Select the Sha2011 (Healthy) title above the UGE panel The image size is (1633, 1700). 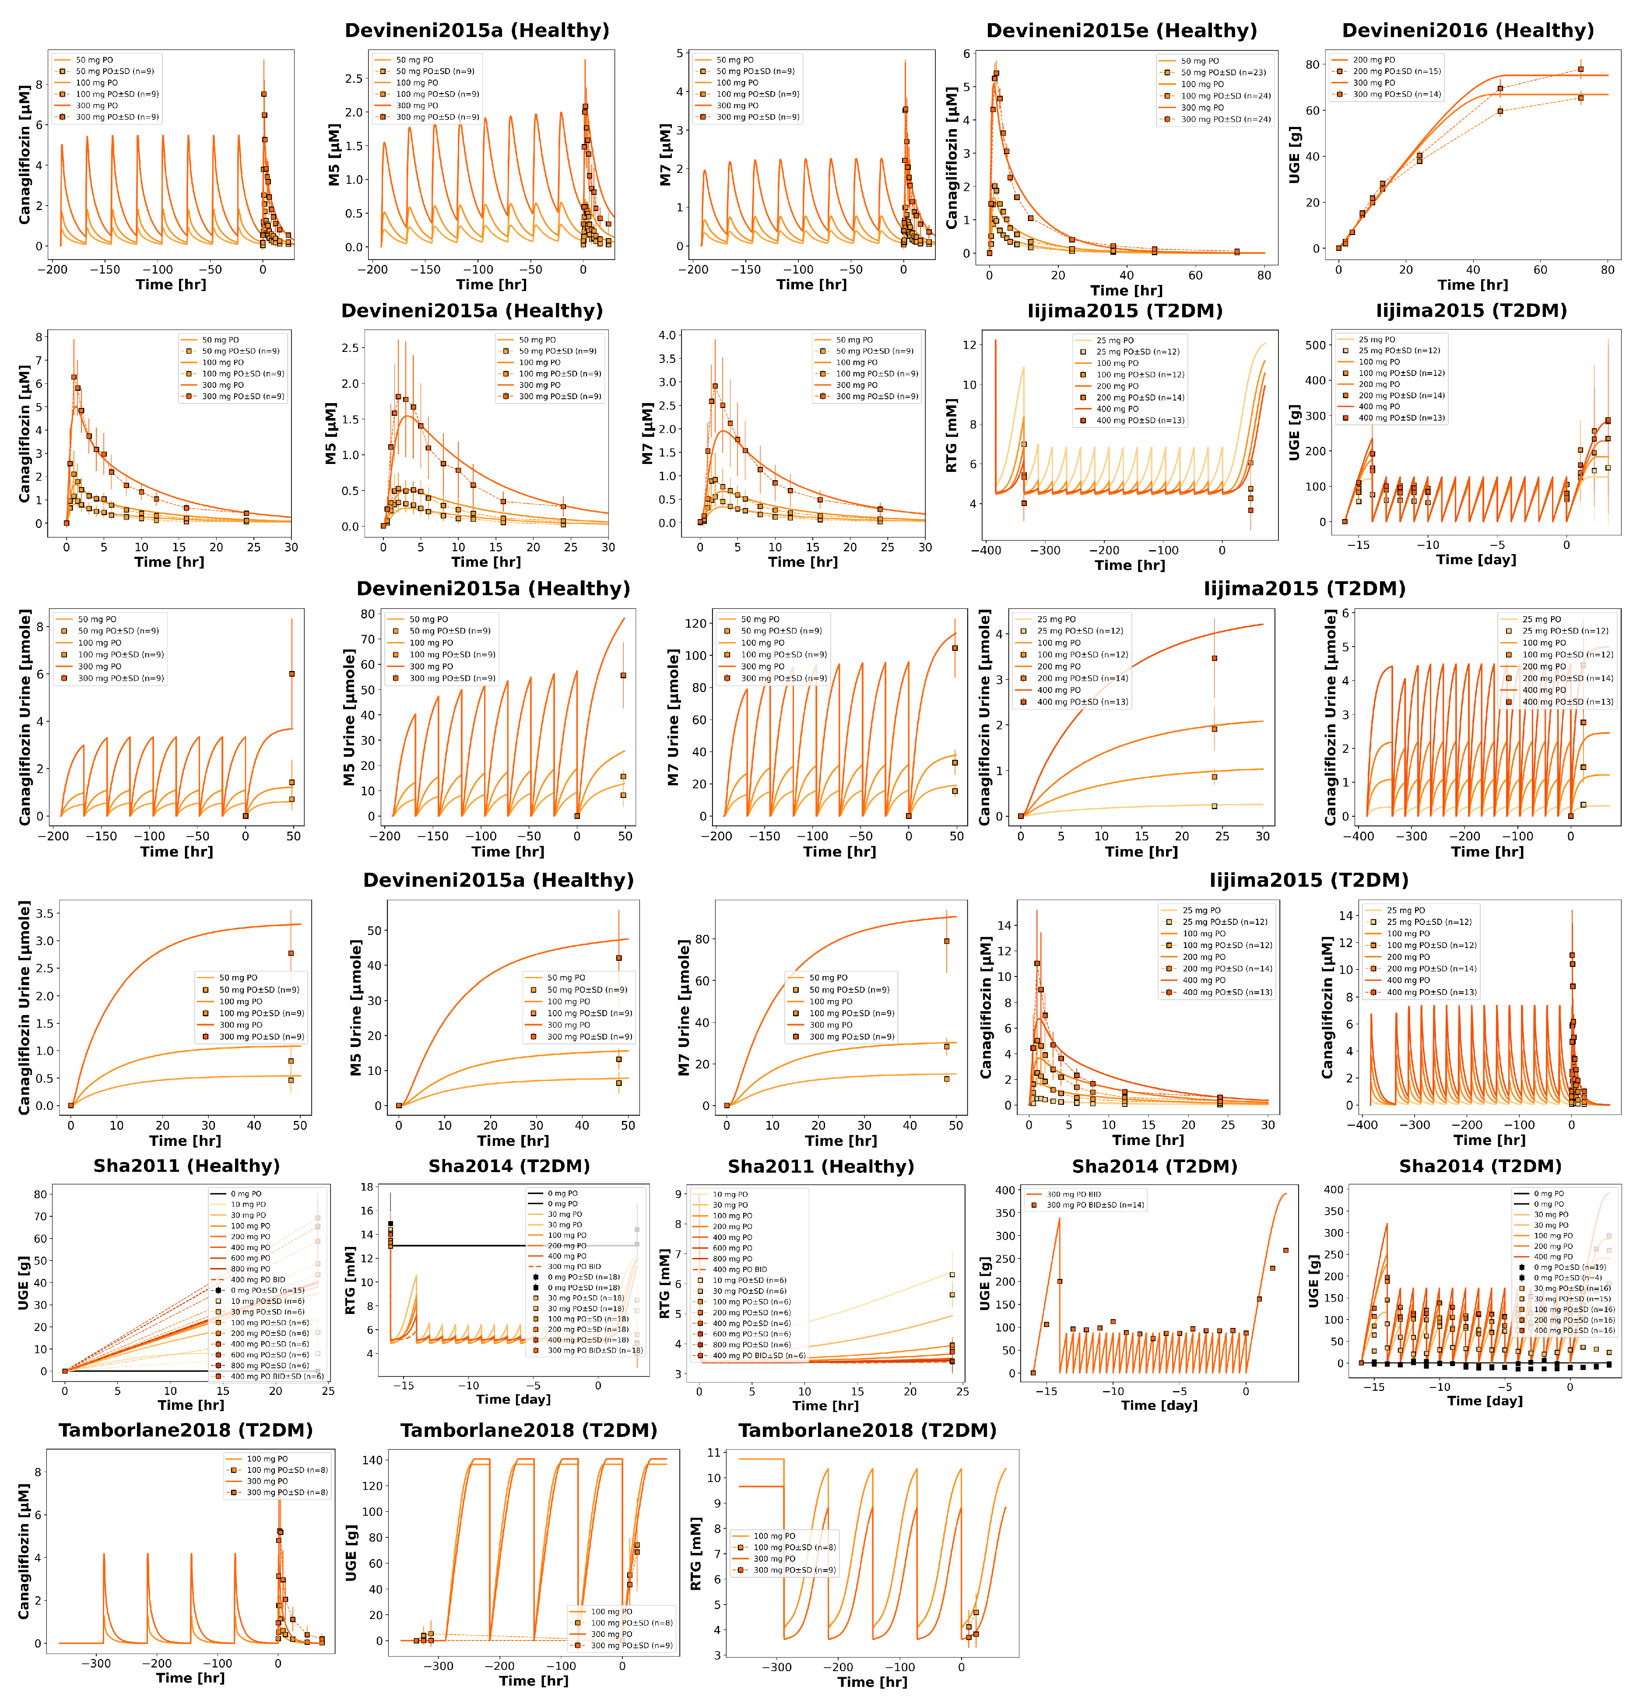[186, 1166]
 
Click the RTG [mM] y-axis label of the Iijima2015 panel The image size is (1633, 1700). [952, 436]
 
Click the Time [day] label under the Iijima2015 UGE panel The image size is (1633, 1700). [1476, 559]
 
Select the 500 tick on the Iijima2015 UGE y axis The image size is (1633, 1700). [1316, 345]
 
